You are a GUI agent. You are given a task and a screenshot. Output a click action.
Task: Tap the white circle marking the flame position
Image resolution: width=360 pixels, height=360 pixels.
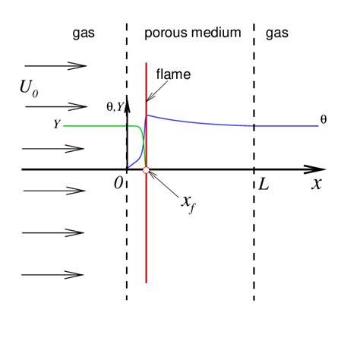[x=146, y=169]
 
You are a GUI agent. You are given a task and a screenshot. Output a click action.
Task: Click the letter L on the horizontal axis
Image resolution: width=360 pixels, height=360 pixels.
[x=264, y=183]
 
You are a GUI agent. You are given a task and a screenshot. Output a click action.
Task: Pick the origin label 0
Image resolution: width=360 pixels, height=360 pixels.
[x=118, y=184]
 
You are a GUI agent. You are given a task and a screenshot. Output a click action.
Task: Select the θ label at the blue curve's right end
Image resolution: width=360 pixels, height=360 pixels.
[x=324, y=119]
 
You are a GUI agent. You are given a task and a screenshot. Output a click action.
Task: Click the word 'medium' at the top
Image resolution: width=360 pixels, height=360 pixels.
[x=216, y=33]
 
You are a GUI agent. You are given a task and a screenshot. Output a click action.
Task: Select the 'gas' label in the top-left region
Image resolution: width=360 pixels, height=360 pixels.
[x=84, y=33]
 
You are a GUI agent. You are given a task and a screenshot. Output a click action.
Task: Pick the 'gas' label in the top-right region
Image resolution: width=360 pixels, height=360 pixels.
[x=277, y=33]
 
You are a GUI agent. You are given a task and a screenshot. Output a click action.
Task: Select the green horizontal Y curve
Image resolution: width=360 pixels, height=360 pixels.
[x=99, y=126]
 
